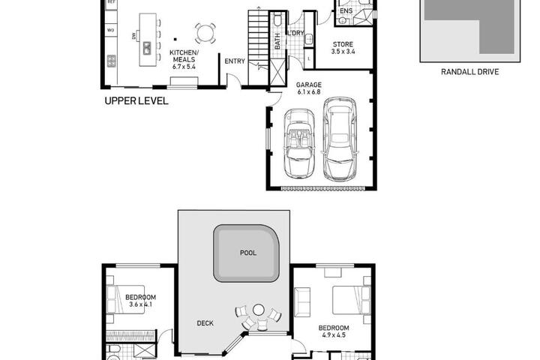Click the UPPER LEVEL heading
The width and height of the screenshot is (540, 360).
pos(136,101)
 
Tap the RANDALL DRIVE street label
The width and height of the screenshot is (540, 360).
pos(469,72)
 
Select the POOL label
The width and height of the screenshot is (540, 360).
pos(248,253)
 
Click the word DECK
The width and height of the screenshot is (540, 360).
pos(205,323)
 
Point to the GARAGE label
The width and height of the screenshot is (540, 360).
pos(309,85)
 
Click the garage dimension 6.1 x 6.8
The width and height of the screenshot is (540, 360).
pos(309,92)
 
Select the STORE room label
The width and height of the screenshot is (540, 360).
pos(343,44)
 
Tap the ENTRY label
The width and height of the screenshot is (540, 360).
pos(235,61)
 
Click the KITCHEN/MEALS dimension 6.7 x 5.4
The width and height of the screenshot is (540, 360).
pos(184,67)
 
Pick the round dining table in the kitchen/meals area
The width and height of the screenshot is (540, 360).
pos(205,34)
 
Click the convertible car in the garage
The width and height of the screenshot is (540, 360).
pos(298,144)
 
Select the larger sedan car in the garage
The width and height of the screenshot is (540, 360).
pos(340,139)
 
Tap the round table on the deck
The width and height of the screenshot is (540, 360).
pos(258,310)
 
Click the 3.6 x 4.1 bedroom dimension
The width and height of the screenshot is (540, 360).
pos(140,304)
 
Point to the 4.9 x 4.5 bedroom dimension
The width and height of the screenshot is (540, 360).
pos(334,335)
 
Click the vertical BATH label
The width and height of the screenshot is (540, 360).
pos(277,41)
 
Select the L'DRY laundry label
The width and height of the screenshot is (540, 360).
pos(295,33)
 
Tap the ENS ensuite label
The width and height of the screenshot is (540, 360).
pos(346,11)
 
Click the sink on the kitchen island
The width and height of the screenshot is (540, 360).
pos(147,48)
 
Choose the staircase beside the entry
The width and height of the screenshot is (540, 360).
pos(258,47)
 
